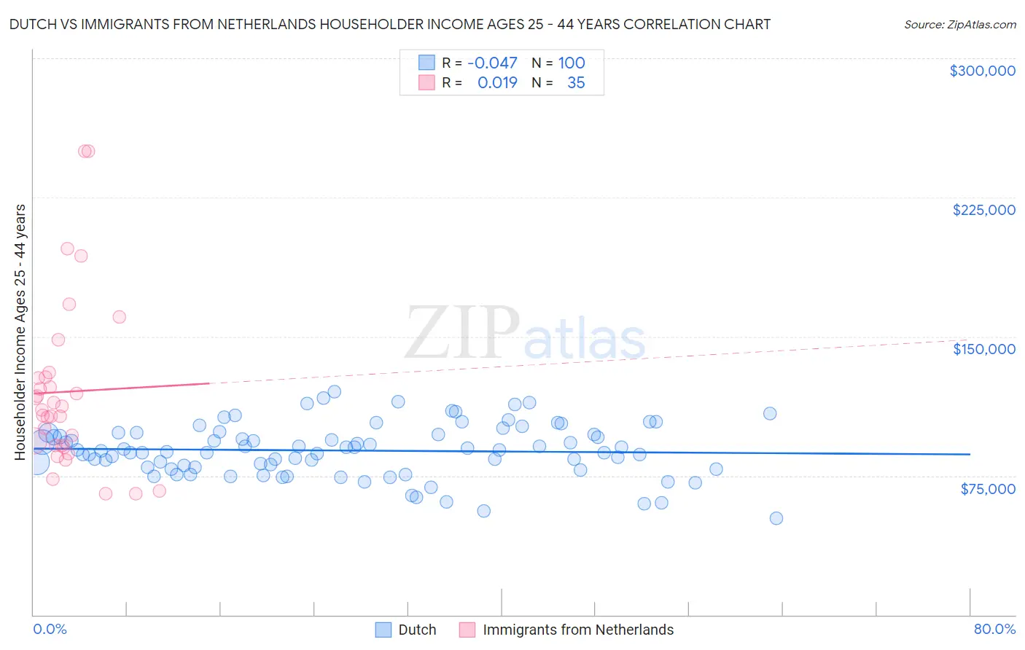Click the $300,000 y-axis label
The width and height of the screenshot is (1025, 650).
tap(982, 71)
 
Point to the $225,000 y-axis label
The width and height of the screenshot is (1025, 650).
tap(983, 210)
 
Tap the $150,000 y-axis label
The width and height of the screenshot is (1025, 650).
tap(983, 349)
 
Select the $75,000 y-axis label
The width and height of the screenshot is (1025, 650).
tap(988, 489)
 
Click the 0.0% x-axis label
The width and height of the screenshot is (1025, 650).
tap(50, 630)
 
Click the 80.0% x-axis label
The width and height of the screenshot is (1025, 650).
tap(994, 630)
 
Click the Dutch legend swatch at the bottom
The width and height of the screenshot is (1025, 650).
tap(383, 630)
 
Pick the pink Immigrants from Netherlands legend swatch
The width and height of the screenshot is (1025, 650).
tap(467, 630)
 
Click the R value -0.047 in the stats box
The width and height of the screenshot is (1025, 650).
tap(492, 63)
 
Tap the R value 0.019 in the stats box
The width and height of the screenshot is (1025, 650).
tap(497, 83)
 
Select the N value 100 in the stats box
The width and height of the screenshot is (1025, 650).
tap(572, 63)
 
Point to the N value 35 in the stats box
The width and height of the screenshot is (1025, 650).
tap(576, 83)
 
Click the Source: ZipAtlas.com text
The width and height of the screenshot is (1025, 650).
tap(959, 25)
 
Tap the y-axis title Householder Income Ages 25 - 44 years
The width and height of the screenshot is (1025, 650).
tap(20, 332)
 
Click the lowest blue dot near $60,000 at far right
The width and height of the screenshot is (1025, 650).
tap(776, 518)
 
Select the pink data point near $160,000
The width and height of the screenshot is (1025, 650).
tap(120, 317)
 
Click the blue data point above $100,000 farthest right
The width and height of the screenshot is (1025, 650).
tap(770, 413)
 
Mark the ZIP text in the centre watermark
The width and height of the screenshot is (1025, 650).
tap(462, 334)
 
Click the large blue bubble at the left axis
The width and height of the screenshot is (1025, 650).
tap(36, 461)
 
